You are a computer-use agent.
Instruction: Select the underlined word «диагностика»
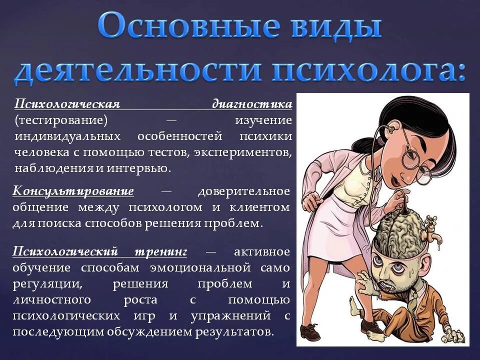coord(252,104)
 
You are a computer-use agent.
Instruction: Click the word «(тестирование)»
coord(61,120)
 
